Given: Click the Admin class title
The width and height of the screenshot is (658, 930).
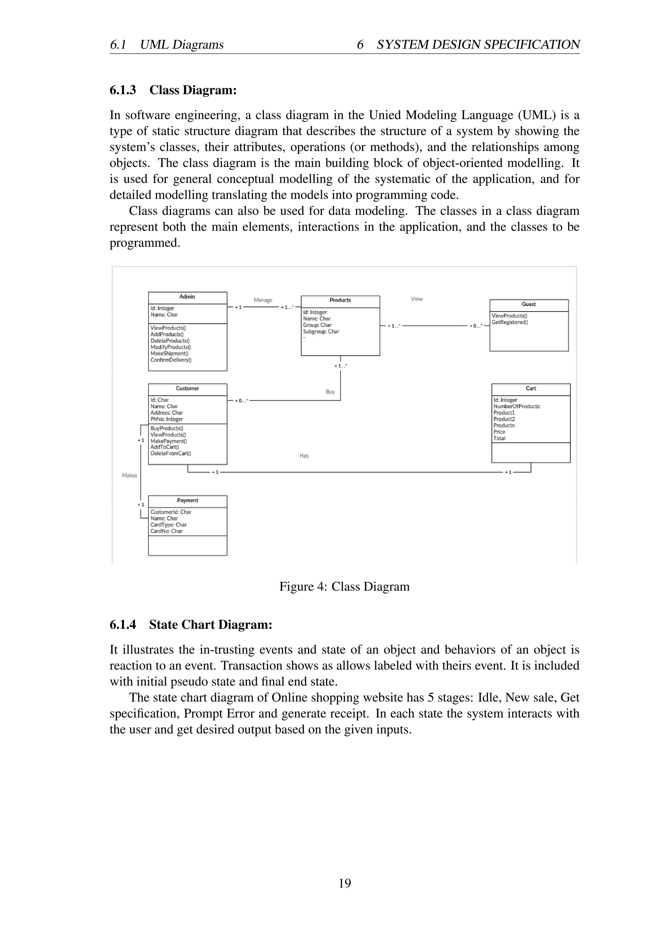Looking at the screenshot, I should click(x=187, y=297).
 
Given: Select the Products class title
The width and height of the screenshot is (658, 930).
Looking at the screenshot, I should click(x=340, y=300).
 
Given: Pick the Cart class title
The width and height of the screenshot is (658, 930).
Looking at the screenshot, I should click(x=530, y=389).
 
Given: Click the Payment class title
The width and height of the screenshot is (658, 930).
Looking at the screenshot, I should click(x=187, y=501).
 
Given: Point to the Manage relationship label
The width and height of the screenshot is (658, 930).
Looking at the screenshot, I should click(x=263, y=300).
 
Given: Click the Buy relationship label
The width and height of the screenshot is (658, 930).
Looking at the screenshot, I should click(x=330, y=392).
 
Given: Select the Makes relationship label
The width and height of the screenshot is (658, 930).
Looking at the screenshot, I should click(x=130, y=476).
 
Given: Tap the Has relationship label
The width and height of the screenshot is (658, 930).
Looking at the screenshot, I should click(x=304, y=456).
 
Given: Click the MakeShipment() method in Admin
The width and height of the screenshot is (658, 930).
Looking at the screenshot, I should click(x=169, y=354).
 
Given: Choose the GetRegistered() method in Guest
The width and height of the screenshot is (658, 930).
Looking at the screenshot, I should click(x=510, y=322).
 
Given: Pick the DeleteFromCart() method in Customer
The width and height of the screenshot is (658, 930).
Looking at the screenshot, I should click(x=171, y=454).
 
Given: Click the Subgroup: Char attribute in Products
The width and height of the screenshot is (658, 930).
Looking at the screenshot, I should click(x=321, y=332).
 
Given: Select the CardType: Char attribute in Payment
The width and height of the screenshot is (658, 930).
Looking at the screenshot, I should click(x=169, y=525).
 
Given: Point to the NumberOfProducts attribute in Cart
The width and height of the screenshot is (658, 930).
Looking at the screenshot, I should click(x=517, y=406).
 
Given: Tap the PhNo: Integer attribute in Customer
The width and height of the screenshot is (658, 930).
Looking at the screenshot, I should click(x=166, y=419).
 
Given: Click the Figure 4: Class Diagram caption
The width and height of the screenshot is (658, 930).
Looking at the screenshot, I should click(x=344, y=587).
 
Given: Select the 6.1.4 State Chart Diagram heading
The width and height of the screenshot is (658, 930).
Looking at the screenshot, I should click(x=191, y=625).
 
